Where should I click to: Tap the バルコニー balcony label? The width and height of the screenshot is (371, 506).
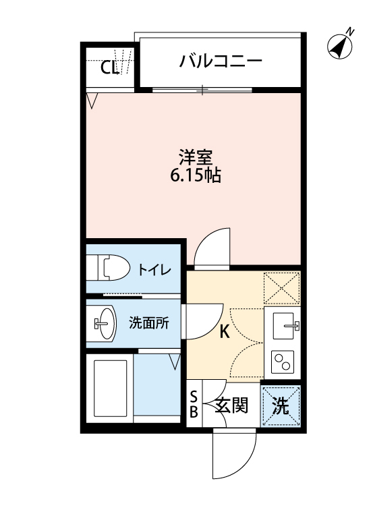[220, 62]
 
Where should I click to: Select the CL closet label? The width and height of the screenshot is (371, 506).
[110, 67]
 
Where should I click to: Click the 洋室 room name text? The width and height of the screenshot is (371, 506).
[196, 158]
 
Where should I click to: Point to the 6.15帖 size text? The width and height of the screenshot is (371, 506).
[196, 177]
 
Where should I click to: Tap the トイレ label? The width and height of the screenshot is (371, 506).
[154, 270]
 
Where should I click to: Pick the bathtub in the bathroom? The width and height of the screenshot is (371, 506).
[110, 389]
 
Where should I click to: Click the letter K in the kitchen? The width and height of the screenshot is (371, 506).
[225, 331]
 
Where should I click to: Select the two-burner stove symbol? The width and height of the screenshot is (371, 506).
[283, 363]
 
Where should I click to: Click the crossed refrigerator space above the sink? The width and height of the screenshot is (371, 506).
[282, 287]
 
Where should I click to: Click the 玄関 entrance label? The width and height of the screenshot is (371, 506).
[231, 406]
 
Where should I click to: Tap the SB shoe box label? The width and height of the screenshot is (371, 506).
[194, 405]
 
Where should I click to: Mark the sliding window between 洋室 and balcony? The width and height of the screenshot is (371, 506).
[202, 89]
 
